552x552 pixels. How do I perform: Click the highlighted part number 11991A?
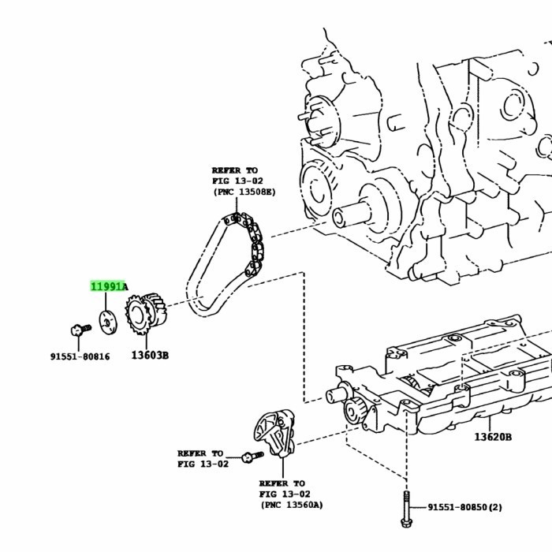pyautogui.click(x=108, y=287)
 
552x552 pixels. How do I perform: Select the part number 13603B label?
pyautogui.click(x=150, y=356)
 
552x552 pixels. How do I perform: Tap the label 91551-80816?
pyautogui.click(x=80, y=356)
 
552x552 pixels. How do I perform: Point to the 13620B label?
pyautogui.click(x=493, y=437)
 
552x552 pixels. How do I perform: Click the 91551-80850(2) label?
pyautogui.click(x=464, y=507)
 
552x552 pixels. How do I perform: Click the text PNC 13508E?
pyautogui.click(x=244, y=192)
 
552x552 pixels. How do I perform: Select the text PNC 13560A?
pyautogui.click(x=291, y=505)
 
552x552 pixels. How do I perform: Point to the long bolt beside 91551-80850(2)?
pyautogui.click(x=405, y=509)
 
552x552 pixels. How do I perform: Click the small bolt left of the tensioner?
pyautogui.click(x=252, y=455)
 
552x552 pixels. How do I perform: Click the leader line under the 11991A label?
pyautogui.click(x=106, y=303)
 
